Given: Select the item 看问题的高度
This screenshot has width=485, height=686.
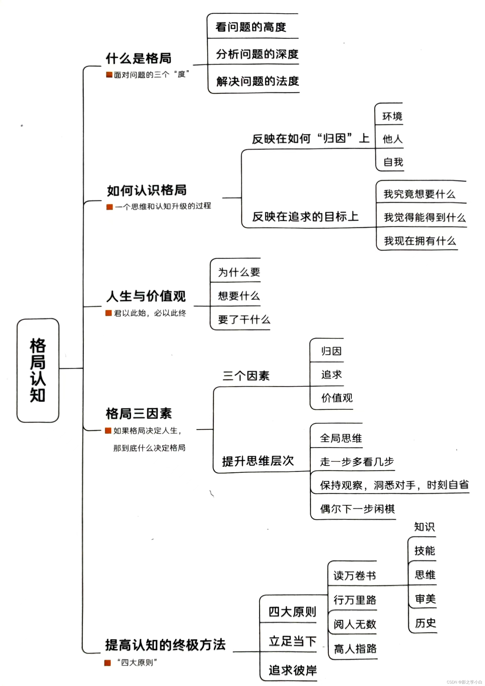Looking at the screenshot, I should tap(251, 27).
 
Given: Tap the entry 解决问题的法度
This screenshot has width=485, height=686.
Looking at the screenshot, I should tap(257, 81).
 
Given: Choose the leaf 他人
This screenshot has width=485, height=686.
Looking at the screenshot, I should tap(392, 139).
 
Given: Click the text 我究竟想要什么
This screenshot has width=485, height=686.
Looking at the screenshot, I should tap(419, 194).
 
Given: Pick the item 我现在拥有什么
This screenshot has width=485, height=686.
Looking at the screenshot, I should tap(420, 241).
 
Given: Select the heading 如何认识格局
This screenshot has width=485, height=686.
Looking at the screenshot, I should tap(147, 190).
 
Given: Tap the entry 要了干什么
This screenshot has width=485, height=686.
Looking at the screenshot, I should tap(244, 319).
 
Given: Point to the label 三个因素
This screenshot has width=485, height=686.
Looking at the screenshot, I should tap(246, 376).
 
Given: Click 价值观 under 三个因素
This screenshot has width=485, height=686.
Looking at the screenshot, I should tap(337, 398).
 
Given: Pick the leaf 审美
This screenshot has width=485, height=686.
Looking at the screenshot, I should tap(425, 599).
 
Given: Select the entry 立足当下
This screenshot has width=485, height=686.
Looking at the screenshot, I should tap(292, 641).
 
